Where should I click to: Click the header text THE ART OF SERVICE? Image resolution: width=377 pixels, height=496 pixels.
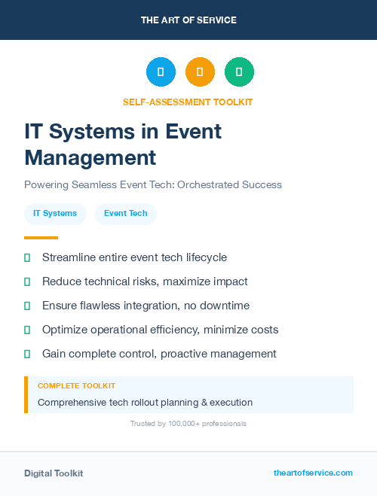click(188, 20)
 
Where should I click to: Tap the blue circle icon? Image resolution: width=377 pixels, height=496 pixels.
click(161, 72)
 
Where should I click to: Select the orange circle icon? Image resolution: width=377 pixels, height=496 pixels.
click(200, 72)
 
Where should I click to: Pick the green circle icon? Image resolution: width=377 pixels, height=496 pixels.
click(239, 72)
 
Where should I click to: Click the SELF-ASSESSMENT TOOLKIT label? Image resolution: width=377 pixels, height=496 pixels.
click(188, 102)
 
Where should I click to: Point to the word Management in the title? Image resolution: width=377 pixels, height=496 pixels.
click(90, 157)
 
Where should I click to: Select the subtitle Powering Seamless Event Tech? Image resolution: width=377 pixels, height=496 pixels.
click(152, 184)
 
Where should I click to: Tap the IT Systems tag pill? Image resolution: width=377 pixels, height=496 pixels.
click(55, 214)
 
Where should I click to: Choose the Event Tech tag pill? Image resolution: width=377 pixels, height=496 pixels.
click(126, 214)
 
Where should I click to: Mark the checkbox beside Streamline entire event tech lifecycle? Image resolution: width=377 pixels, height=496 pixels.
click(27, 257)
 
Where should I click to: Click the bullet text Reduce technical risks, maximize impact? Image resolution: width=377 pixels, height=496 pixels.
click(145, 281)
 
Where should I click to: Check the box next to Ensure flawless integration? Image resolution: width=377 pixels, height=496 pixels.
click(27, 306)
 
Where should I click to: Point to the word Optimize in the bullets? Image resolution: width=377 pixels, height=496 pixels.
click(64, 330)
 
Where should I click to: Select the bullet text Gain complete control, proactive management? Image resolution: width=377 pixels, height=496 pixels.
click(159, 354)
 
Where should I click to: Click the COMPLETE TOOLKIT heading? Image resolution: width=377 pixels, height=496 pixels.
click(76, 385)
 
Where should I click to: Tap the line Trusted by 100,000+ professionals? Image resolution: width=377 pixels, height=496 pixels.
click(188, 424)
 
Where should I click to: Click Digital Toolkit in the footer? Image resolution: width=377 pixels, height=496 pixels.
click(54, 473)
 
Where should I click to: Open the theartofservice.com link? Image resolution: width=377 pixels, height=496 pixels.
click(313, 473)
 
